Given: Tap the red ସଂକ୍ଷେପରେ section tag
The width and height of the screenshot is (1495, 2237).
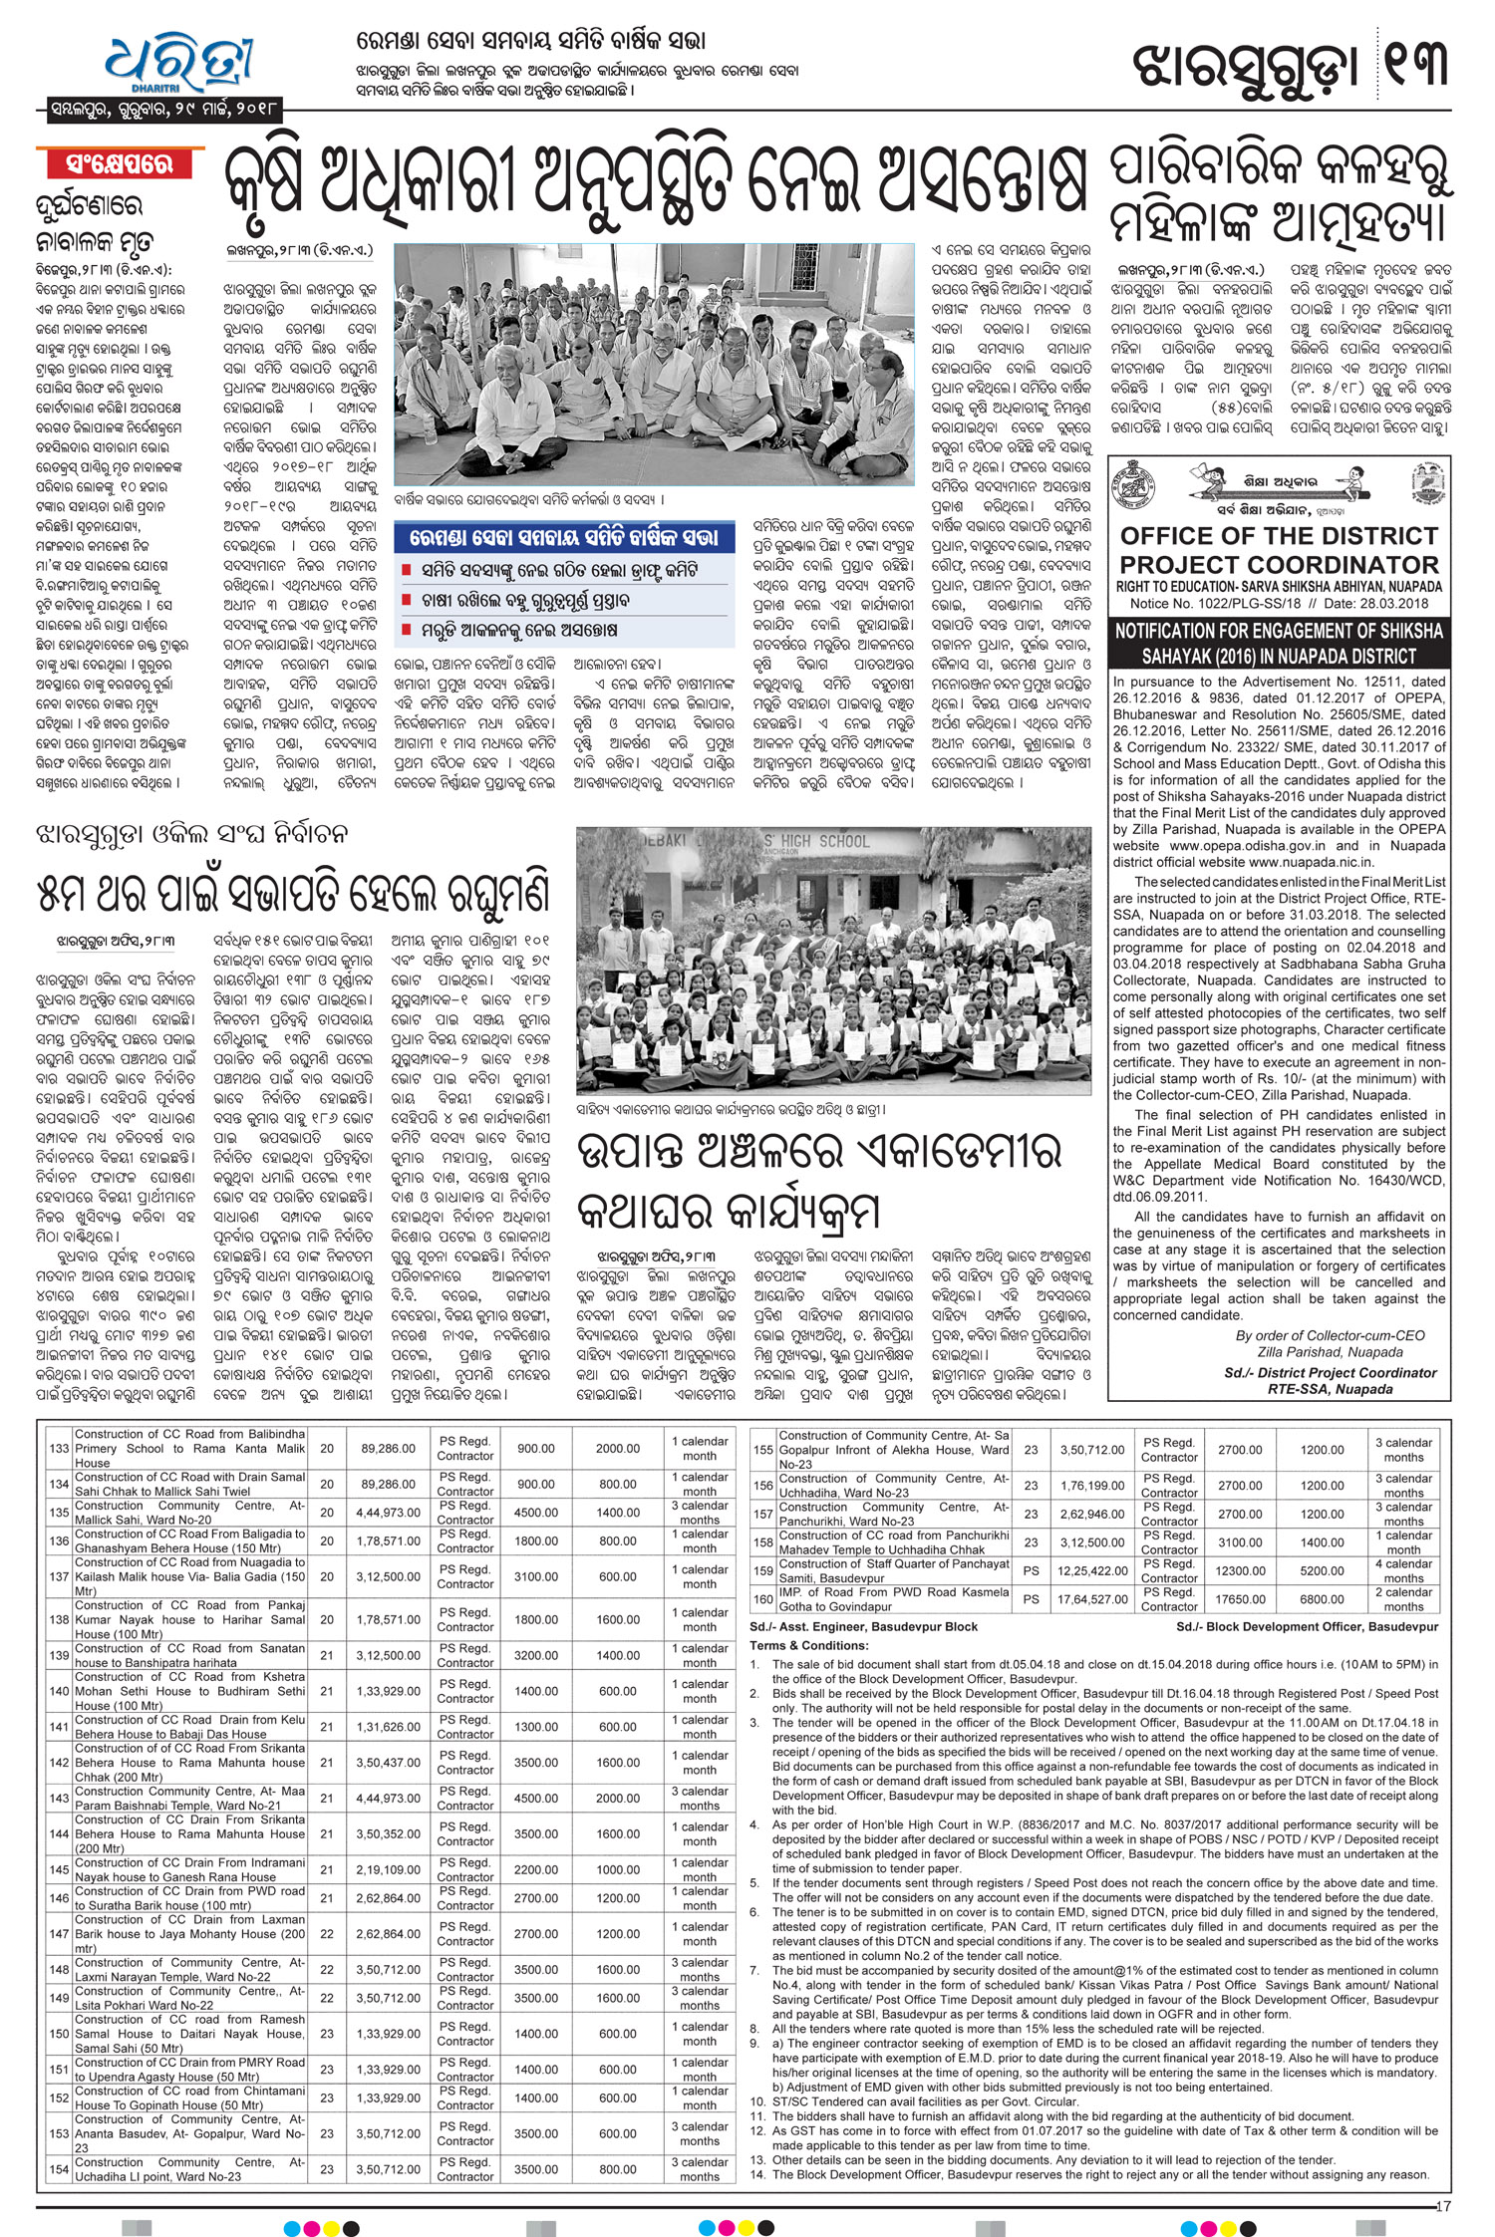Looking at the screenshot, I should pos(120,164).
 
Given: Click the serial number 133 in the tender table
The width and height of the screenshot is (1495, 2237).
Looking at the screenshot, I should pos(59,1449).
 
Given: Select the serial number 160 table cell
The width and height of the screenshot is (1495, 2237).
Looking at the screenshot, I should pos(762,1599).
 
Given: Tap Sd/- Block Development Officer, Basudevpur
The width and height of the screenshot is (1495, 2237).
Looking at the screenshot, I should pos(1307,1627).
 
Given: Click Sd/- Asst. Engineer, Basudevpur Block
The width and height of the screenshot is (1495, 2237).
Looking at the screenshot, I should pos(864,1627).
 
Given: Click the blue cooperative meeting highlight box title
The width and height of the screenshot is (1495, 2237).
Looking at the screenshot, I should pos(563,538).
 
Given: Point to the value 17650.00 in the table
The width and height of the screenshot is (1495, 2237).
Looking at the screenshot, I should pos(1240,1599).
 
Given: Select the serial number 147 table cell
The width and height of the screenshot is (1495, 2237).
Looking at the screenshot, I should pos(59,1933).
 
